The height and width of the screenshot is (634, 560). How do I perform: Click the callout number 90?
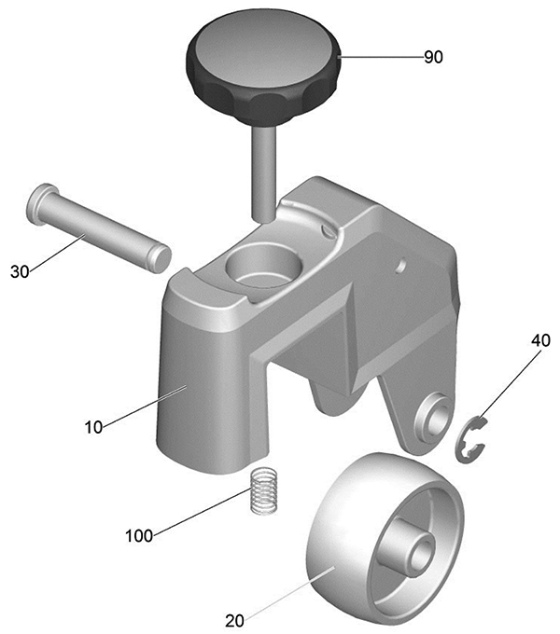[x=433, y=57]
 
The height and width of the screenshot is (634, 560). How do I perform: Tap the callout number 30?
[x=21, y=271]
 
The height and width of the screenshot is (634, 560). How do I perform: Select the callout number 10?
[x=93, y=427]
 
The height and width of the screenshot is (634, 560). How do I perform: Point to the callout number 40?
[x=540, y=340]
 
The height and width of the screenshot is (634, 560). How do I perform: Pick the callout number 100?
[x=139, y=536]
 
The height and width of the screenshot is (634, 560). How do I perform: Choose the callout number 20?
[x=234, y=621]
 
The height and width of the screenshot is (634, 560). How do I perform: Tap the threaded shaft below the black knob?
[x=263, y=173]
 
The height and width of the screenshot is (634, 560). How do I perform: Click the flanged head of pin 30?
[x=39, y=203]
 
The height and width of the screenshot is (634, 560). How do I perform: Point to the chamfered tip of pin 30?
[x=162, y=259]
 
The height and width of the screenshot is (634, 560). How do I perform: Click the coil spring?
[x=263, y=490]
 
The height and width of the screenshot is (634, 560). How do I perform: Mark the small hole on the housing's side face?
[x=401, y=266]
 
